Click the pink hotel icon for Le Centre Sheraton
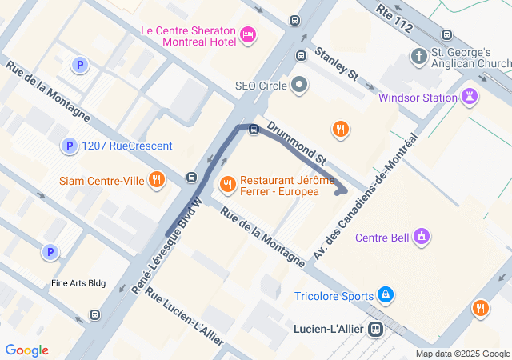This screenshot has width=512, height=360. [x=248, y=34]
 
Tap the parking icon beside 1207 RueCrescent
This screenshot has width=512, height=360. [x=70, y=146]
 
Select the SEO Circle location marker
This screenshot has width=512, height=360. [x=300, y=84]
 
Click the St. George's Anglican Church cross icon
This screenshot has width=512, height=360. [x=418, y=57]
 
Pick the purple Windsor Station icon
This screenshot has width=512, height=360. [x=470, y=98]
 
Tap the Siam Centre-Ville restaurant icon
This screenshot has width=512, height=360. [x=156, y=180]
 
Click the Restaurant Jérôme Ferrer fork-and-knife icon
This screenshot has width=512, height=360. [x=228, y=185]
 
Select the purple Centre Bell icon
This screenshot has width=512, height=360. [x=422, y=237]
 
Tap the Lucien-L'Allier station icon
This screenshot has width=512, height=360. [x=374, y=329]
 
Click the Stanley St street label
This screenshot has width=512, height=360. [x=336, y=64]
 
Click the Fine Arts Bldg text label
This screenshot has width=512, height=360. [x=78, y=283]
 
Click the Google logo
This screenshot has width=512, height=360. [x=26, y=350]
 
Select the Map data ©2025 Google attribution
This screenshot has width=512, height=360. [x=462, y=354]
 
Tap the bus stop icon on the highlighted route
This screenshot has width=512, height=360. [x=254, y=130]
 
